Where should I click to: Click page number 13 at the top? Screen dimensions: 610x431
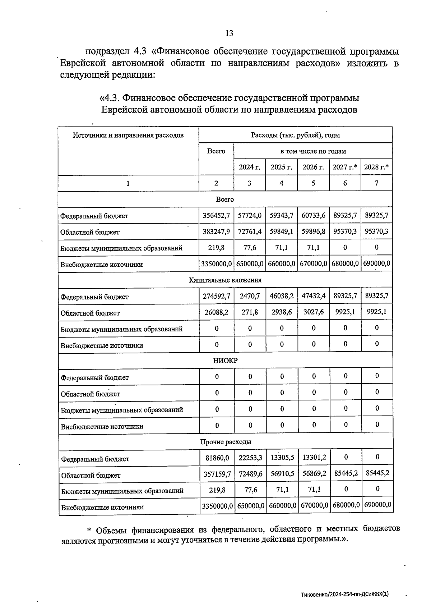pos(229,33)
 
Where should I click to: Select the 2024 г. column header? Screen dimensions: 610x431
pos(249,167)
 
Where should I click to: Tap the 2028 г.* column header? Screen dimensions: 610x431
pos(376,167)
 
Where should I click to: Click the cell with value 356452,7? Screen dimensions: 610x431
pos(216,216)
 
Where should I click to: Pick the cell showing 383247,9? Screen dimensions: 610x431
pos(216,231)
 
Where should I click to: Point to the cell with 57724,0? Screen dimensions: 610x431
pos(250,216)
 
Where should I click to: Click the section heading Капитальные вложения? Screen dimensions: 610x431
pos(225,280)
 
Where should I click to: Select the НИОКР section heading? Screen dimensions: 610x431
pos(225,361)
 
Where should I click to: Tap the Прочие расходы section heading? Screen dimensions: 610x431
pos(226,442)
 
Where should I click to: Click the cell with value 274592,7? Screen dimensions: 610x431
pos(216,296)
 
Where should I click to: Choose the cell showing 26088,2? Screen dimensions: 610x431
pos(216,312)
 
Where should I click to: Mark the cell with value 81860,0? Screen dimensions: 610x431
pos(217,458)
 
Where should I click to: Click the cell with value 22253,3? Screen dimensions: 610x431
pos(250,458)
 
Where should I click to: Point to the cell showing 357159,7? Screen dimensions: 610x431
pos(217,474)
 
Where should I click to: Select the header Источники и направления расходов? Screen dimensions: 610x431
pos(128,135)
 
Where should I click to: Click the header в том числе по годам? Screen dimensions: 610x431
pos(313,151)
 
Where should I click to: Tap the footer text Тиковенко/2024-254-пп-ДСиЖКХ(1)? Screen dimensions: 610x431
pos(345,595)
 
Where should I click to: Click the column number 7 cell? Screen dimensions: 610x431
pos(376,183)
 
